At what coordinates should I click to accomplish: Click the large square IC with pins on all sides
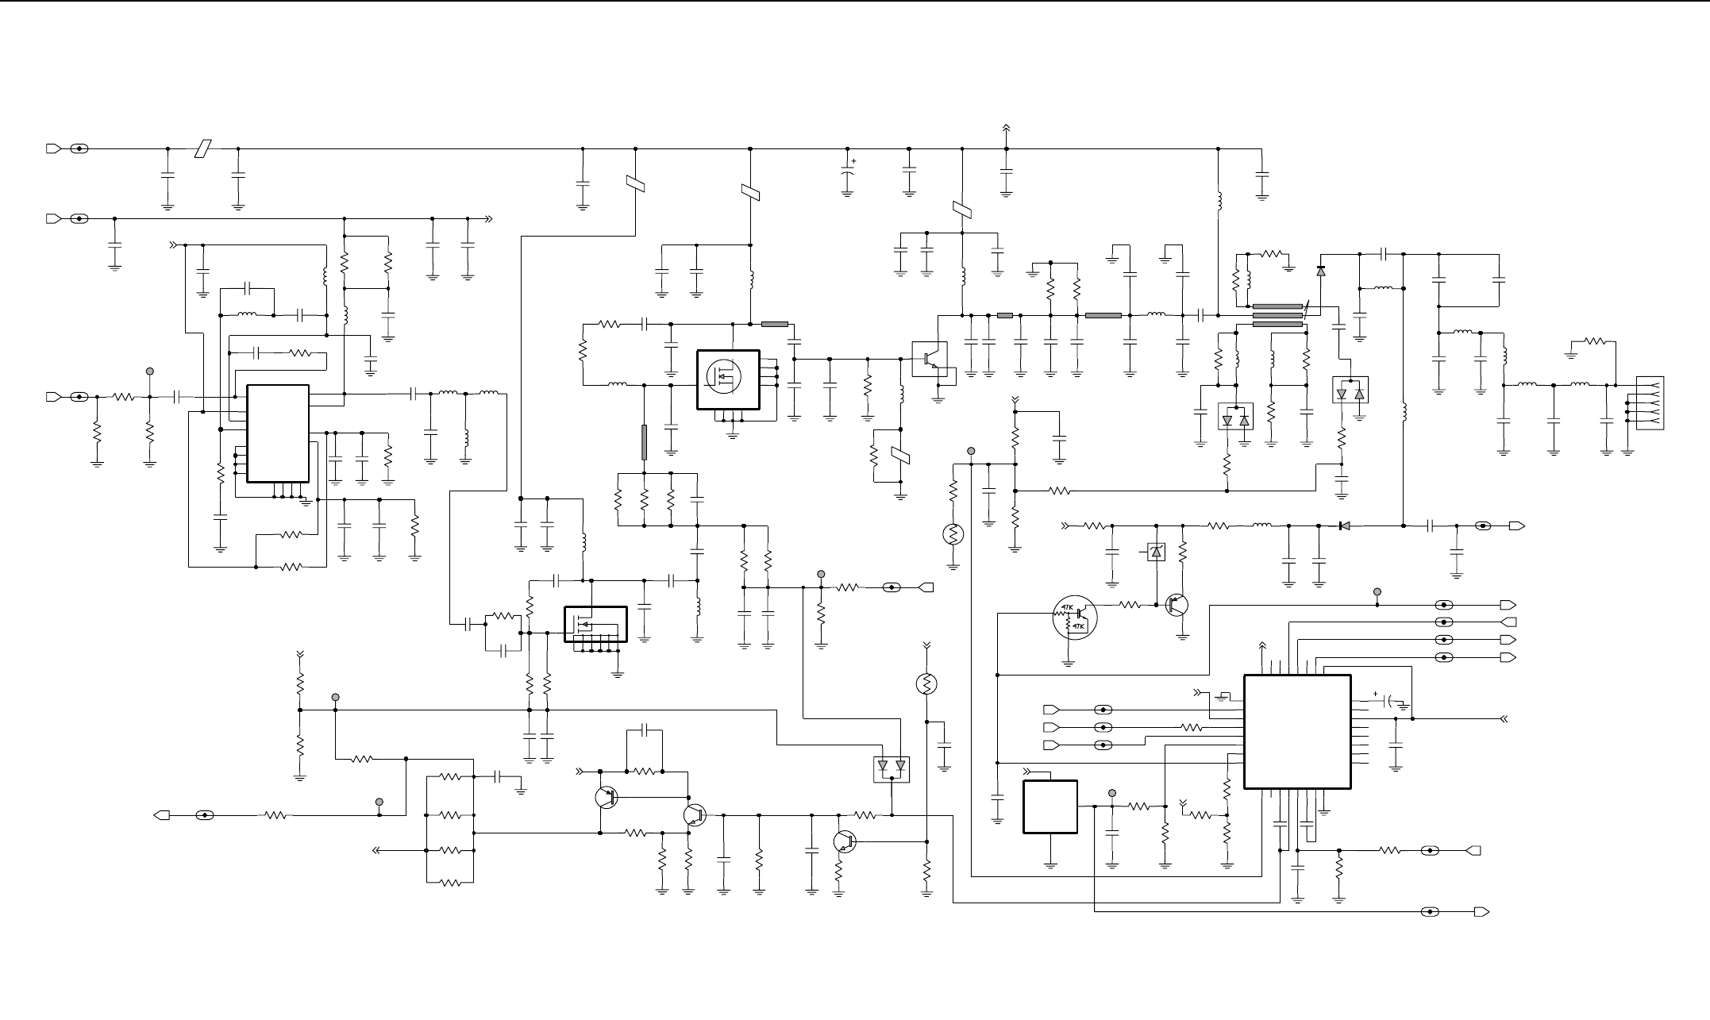1297,732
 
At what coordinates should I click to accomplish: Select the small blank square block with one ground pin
1050,806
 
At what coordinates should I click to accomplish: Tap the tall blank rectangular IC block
278,433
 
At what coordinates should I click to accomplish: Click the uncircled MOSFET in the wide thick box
595,625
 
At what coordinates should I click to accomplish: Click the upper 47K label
1064,609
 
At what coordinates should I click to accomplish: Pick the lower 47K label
1078,627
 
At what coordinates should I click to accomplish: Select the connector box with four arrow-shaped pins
1650,403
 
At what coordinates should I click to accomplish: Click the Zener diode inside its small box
1157,551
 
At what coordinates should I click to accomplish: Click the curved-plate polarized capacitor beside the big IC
1389,702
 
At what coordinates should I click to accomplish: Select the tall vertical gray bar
644,442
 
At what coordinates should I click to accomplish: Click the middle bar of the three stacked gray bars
1277,315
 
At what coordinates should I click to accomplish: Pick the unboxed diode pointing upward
1320,271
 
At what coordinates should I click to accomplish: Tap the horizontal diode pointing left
1343,525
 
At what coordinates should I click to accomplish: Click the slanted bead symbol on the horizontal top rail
204,148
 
